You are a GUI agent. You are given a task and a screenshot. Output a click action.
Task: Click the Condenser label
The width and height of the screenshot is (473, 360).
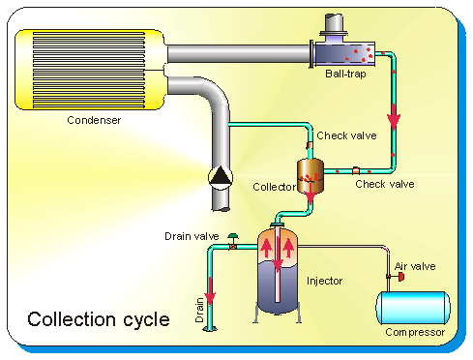94,120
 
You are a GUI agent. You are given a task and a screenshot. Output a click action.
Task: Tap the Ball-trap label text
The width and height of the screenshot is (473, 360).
345,74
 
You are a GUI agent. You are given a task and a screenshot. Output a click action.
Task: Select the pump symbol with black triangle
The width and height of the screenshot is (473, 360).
221,178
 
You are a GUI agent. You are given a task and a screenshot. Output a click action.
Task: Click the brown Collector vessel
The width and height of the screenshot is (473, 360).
310,175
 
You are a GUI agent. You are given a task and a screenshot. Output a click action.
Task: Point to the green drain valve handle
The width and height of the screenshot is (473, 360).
233,236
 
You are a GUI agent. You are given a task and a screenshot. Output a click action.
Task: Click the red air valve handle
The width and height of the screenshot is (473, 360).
401,277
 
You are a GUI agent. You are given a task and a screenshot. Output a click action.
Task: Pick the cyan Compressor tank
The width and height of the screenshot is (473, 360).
413,308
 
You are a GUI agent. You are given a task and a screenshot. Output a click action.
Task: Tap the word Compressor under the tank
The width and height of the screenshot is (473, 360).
415,332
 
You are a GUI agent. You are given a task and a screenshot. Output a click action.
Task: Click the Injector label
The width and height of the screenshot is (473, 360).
324,281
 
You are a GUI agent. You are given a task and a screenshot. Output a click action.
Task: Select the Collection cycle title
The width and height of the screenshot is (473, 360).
99,319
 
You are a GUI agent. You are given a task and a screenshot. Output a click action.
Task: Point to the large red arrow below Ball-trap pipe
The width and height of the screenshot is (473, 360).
394,117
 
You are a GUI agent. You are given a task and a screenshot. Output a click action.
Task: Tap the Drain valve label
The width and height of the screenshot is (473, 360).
192,236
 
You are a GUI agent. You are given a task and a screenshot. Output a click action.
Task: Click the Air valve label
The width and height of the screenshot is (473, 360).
415,266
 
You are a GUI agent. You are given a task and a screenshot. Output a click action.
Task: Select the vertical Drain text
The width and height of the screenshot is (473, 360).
199,310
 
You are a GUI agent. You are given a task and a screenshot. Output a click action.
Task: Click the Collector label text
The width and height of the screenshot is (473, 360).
275,187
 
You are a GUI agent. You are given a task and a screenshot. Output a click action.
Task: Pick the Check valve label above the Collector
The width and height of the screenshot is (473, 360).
346,135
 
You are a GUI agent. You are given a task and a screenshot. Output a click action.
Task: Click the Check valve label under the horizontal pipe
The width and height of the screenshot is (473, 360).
385,184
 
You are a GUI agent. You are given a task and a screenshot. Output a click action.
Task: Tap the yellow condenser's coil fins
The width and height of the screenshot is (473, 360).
89,70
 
